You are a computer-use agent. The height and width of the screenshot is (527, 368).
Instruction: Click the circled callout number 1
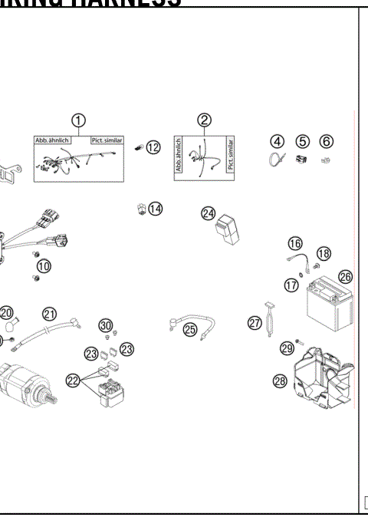pyautogui.click(x=78, y=120)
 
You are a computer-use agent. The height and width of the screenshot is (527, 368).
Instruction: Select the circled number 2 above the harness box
pyautogui.click(x=204, y=120)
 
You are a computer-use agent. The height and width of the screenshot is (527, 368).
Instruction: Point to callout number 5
pyautogui.click(x=302, y=142)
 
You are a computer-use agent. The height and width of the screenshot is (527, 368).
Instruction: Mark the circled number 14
pyautogui.click(x=156, y=208)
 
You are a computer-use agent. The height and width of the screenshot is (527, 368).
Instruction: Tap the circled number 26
pyautogui.click(x=345, y=276)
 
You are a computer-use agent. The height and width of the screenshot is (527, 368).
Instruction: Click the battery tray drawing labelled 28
pyautogui.click(x=322, y=376)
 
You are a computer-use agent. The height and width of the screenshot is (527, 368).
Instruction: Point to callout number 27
pyautogui.click(x=255, y=323)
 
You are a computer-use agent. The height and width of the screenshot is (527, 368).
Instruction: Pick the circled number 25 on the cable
pyautogui.click(x=190, y=329)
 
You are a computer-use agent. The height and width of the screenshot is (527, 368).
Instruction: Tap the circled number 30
pyautogui.click(x=106, y=324)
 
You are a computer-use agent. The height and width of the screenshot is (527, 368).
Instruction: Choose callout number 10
pyautogui.click(x=44, y=266)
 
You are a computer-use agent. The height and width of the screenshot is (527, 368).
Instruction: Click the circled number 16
pyautogui.click(x=295, y=243)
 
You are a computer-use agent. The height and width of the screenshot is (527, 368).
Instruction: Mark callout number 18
pyautogui.click(x=324, y=253)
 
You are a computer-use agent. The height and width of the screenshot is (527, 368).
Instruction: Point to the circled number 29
pyautogui.click(x=287, y=348)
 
